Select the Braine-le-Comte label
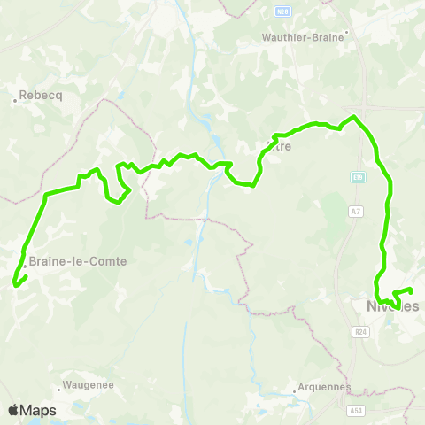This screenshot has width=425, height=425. click(78, 261)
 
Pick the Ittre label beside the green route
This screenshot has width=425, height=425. click(279, 147)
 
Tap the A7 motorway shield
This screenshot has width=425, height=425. click(355, 211)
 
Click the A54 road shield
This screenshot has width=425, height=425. click(356, 410)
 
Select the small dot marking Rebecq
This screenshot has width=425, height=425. click(15, 100)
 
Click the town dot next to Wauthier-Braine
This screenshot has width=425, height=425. click(347, 30)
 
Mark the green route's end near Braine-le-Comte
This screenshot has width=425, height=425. click(15, 284)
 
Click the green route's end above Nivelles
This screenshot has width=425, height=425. click(412, 290)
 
